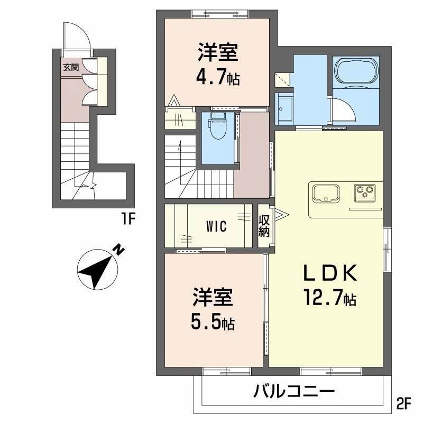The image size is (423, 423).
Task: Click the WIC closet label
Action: pos(216,227)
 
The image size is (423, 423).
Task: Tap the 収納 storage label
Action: pos(264,226)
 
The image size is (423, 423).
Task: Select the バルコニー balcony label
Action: pos(293,392)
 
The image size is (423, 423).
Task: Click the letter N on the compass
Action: pos(121,250)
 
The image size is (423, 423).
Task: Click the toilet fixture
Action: pos(216,127)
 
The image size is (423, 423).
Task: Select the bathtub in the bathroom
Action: pos(355,70)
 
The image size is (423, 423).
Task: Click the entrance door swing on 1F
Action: pos(79,38)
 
